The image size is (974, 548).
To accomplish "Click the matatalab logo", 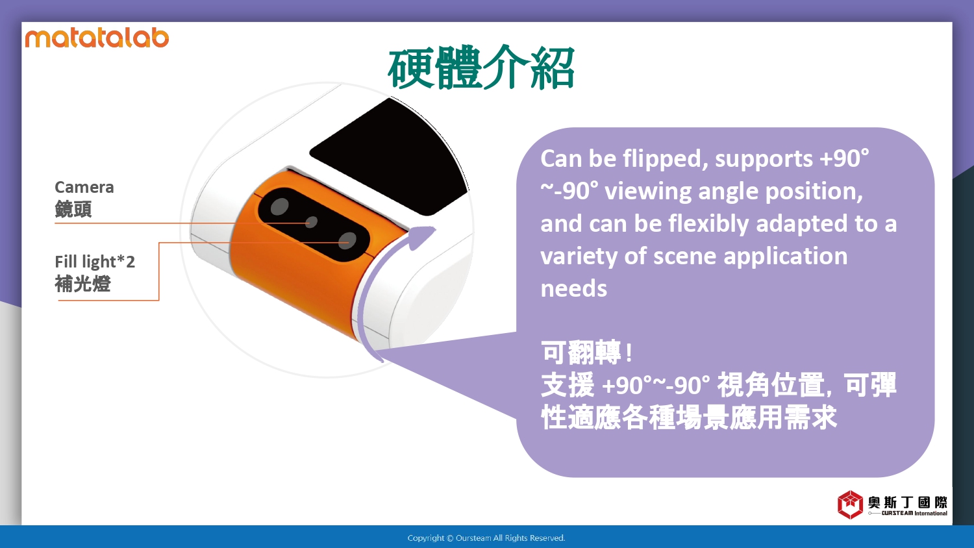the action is pyautogui.click(x=97, y=38).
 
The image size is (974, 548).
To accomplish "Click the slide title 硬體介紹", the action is pyautogui.click(x=481, y=68).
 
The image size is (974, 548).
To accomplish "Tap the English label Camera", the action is pyautogui.click(x=84, y=187).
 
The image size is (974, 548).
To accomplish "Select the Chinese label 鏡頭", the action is pyautogui.click(x=73, y=209).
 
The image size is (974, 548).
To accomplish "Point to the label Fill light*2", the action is pyautogui.click(x=95, y=262).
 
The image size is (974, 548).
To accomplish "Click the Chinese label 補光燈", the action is pyautogui.click(x=82, y=284).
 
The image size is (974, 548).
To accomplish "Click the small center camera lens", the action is pyautogui.click(x=311, y=222).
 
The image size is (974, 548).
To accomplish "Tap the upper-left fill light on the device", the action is pyautogui.click(x=280, y=206).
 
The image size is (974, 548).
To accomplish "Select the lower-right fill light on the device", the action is pyautogui.click(x=347, y=240).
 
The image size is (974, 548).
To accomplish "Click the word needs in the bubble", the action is pyautogui.click(x=573, y=289).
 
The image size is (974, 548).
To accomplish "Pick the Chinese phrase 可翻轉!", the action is pyautogui.click(x=586, y=353).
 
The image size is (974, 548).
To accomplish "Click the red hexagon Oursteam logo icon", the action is pyautogui.click(x=850, y=504).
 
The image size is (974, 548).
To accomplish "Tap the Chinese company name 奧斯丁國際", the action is pyautogui.click(x=908, y=503).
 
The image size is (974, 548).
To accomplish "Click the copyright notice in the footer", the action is pyautogui.click(x=486, y=538).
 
